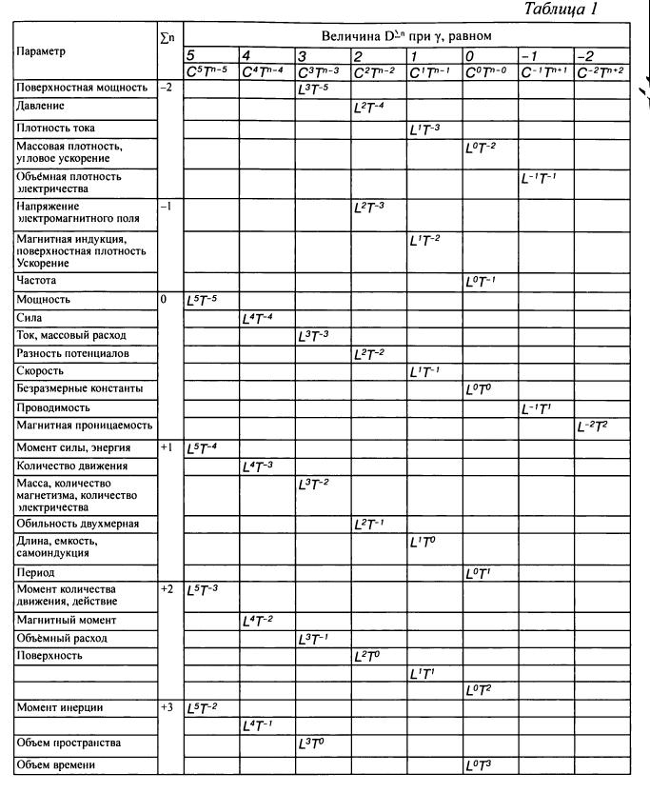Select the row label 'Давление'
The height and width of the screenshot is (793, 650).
coord(42,106)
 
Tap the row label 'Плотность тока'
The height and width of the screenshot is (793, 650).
coord(56,128)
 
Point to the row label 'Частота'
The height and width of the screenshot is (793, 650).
coord(37,281)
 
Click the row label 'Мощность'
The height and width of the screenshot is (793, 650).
coord(43,300)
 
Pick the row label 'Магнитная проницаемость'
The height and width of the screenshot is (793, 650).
coord(84,426)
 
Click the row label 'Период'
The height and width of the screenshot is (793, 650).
coord(35,573)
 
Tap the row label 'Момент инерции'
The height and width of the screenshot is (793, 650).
coord(59,707)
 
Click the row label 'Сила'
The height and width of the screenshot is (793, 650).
coord(30,318)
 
